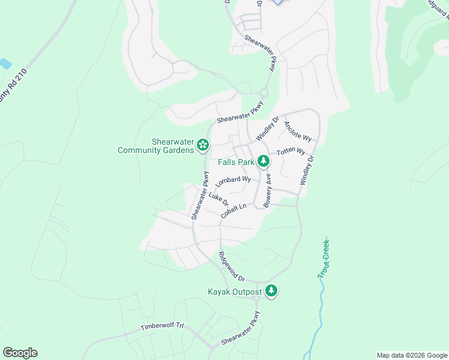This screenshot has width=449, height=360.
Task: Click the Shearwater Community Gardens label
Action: click(155, 146)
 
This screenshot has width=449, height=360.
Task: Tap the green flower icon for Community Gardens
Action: click(203, 145)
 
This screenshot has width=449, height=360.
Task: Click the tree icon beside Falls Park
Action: click(263, 160)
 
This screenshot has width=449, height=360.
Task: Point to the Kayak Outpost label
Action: click(235, 292)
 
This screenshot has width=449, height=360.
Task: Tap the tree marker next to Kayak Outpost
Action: click(272, 291)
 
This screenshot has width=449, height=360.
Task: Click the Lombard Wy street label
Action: click(233, 180)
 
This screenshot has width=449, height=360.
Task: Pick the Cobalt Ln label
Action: click(234, 211)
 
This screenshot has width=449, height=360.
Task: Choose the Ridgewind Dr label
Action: click(232, 266)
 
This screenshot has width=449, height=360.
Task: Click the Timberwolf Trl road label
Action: click(162, 327)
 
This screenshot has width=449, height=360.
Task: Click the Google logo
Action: click(20, 353)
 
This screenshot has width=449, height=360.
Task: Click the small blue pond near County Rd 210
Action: click(5, 63)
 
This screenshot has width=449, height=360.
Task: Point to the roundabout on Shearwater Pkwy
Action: click(264, 92)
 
